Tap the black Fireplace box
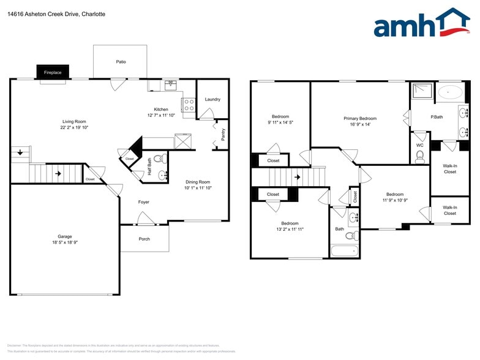point(53,72)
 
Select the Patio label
point(121,62)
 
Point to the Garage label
point(65,236)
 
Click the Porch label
point(144,239)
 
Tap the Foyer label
point(143,202)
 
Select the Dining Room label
point(198,182)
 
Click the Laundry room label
point(212,99)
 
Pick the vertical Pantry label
point(222,134)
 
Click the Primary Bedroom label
point(359,118)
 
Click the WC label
point(420,145)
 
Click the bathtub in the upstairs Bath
point(344,251)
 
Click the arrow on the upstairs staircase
point(298,178)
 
